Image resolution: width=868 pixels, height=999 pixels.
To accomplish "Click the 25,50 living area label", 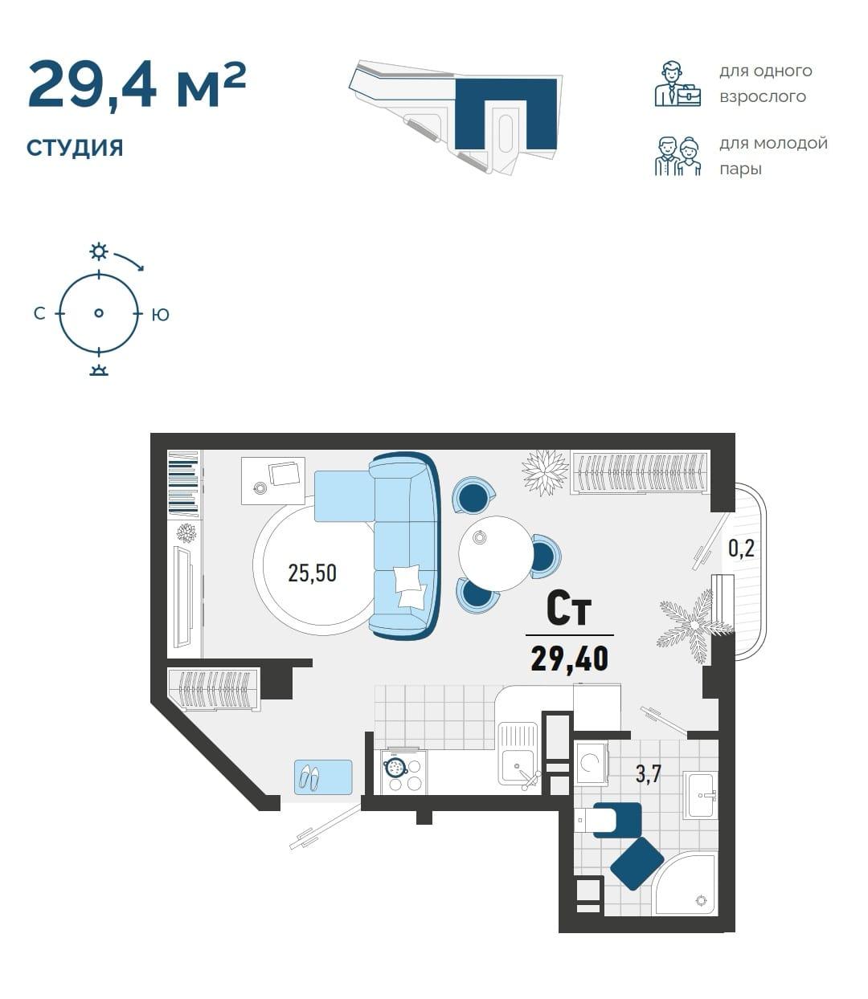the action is pos(312,573).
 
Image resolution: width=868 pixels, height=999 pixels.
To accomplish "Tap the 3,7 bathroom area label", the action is pos(649,774).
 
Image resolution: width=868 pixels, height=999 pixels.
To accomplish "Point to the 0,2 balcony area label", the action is pos(741,548).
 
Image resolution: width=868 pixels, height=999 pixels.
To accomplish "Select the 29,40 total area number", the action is pos(570,659).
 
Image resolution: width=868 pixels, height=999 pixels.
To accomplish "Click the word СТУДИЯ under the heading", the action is pos(75,148).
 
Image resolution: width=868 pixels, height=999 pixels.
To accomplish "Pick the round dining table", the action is pos(495,553).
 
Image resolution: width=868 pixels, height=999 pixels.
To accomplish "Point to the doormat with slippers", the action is pos(323,777).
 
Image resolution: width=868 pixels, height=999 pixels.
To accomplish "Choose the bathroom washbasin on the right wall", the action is pos(700,795).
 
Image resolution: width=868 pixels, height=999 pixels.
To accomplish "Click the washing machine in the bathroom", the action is pos(591,763).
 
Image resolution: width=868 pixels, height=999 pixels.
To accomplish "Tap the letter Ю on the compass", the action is pos(160,315).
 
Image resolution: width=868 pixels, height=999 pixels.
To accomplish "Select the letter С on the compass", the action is pos(39,313).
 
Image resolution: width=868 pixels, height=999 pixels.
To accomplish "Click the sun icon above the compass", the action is pos(99,252).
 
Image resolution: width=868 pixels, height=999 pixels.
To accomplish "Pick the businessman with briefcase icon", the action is pos(678,84).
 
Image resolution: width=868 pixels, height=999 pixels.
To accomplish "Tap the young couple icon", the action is pos(678,156).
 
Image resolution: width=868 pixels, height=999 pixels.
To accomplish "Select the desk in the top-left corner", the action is pos(273,481).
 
